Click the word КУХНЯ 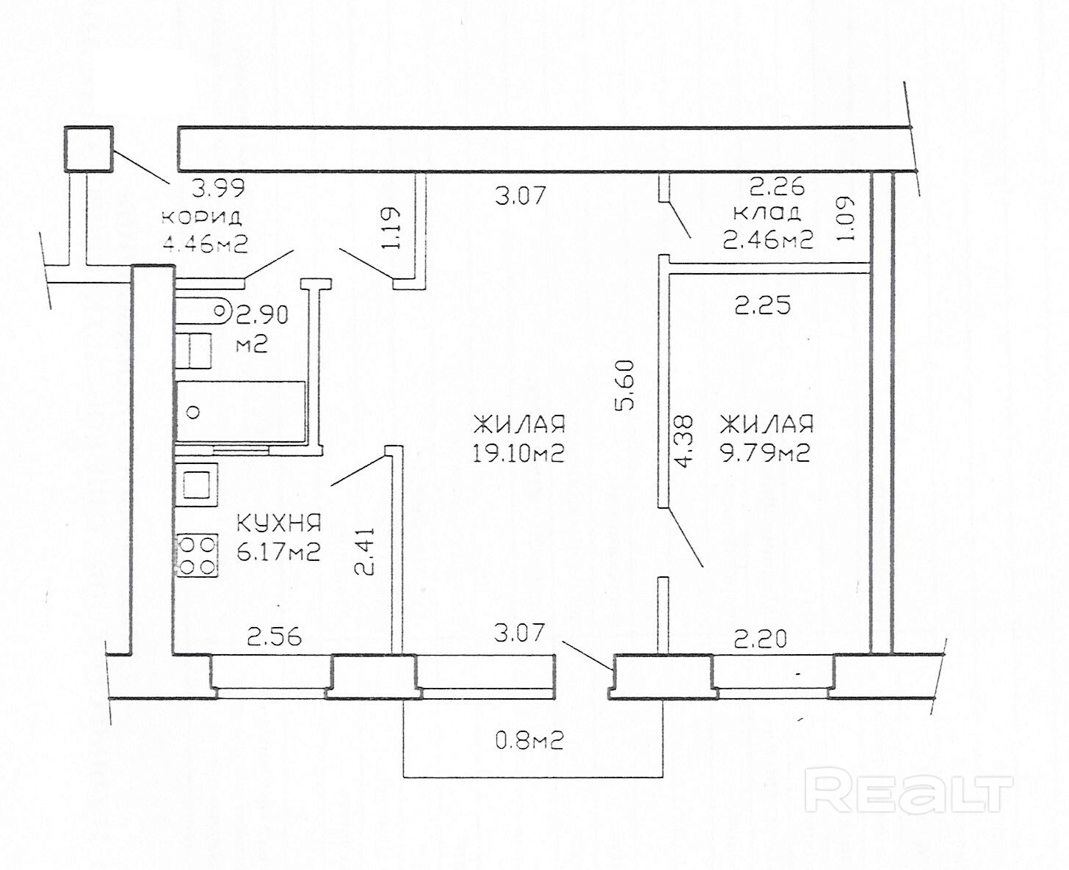(278, 523)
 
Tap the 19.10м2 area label (518, 454)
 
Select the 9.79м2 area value (765, 454)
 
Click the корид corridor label (202, 218)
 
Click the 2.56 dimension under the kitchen (274, 637)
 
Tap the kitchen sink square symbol (197, 485)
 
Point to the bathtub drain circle (194, 413)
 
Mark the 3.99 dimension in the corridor (219, 189)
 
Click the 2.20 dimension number (761, 640)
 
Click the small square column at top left (89, 149)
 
